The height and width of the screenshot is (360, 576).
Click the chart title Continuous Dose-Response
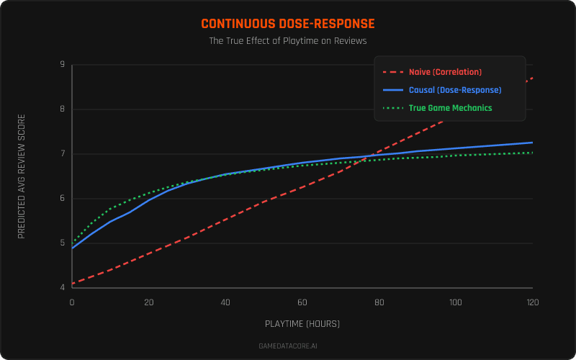[288, 24]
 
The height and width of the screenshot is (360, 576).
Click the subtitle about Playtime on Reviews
[288, 41]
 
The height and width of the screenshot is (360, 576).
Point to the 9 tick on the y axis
[62, 65]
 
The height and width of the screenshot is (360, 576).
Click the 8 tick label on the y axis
[62, 109]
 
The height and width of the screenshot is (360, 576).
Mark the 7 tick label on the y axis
[62, 154]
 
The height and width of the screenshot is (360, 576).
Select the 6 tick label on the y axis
[62, 199]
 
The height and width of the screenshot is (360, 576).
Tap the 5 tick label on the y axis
[62, 243]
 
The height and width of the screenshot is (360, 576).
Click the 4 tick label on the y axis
[62, 288]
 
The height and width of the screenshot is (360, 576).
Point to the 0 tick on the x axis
[72, 302]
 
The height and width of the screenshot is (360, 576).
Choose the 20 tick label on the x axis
[149, 302]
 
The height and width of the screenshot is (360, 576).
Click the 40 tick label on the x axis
[225, 302]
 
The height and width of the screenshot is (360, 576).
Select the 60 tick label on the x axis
[302, 302]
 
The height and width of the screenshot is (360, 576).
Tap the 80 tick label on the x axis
[379, 302]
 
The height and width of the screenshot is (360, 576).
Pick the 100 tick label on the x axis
[456, 302]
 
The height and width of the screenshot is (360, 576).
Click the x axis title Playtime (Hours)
[302, 324]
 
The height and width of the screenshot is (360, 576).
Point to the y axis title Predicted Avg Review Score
[22, 176]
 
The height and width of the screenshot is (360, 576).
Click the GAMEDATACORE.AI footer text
[288, 346]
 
